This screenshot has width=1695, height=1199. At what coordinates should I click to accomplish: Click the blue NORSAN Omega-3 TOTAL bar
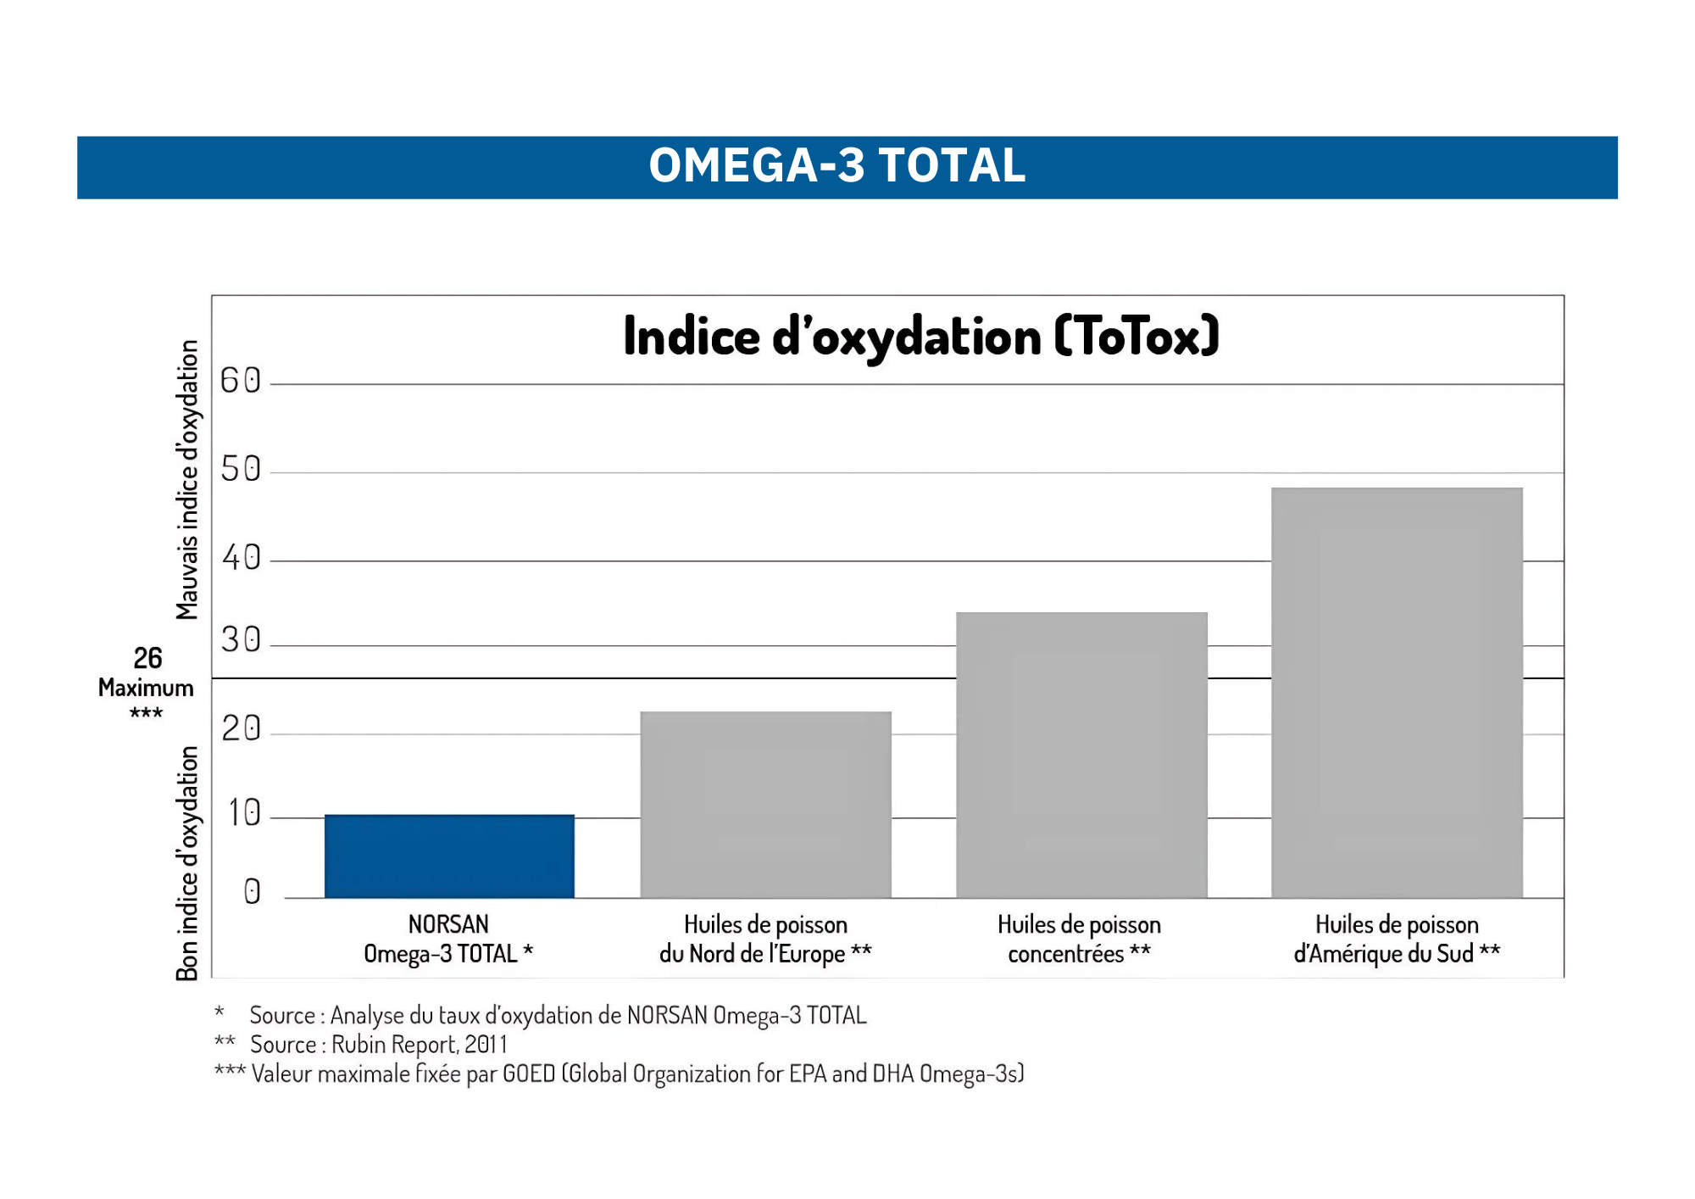449,856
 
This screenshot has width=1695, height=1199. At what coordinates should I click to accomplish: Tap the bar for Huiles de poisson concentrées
1081,755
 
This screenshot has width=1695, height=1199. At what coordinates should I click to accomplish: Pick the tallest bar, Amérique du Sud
1397,692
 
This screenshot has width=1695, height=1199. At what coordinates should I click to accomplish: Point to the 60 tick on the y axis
241,381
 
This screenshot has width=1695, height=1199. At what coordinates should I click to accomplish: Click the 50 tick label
241,469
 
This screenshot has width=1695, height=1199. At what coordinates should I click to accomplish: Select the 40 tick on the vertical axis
241,558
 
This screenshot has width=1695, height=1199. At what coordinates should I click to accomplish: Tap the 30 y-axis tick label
241,639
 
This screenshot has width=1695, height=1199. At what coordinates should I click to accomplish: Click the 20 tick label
241,728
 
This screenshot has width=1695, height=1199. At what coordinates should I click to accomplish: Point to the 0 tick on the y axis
252,891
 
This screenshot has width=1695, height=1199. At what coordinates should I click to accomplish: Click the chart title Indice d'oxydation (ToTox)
921,336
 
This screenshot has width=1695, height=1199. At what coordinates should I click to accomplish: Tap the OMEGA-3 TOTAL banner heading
837,165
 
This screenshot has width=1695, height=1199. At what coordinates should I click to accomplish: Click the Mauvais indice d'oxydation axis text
187,480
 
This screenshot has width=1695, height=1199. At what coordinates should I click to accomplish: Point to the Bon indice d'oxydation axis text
187,862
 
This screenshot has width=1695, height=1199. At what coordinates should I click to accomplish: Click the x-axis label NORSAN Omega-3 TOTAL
448,939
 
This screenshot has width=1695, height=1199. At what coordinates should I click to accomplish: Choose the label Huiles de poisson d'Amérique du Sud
1397,939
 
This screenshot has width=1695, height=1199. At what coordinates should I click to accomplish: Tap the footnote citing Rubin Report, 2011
378,1045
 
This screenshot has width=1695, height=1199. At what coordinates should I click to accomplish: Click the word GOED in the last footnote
528,1074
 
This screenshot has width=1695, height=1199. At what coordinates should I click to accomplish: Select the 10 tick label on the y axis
244,813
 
